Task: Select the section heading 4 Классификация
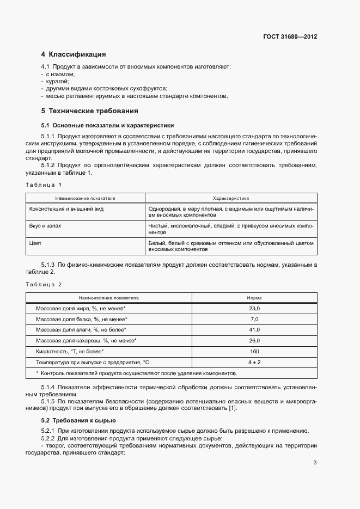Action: pos(74,54)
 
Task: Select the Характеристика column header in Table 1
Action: pos(230,199)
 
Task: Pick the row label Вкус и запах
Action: pos(46,225)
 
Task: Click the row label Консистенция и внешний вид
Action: pos(66,208)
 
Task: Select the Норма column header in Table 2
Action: pos(254,298)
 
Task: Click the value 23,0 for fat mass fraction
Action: pos(254,308)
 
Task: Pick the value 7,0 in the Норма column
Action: pos(254,319)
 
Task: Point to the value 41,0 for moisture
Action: pos(254,330)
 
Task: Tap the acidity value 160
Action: pos(254,351)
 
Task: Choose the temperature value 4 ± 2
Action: pos(254,362)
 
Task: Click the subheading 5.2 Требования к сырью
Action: pos(78,421)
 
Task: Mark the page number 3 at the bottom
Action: pos(315,463)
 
